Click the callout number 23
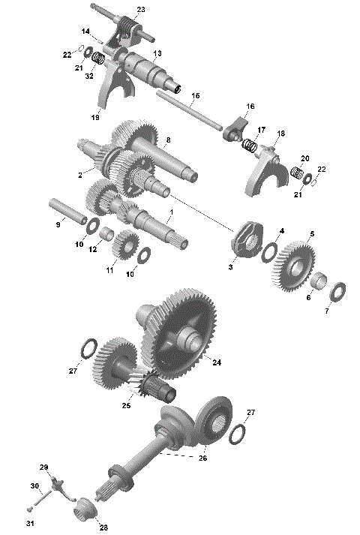coord(142,9)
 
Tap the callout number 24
coord(216,362)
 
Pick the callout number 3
coord(232,266)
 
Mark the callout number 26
coord(202,458)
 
